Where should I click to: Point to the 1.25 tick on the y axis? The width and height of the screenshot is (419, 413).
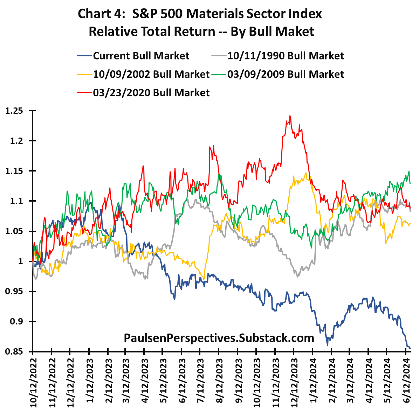[x=14, y=111]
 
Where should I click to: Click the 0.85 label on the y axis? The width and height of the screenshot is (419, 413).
[x=14, y=352]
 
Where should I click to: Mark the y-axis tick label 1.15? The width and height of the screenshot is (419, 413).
[x=14, y=171]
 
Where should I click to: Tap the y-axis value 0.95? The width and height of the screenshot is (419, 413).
[x=14, y=292]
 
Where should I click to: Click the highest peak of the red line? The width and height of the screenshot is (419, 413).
[x=290, y=116]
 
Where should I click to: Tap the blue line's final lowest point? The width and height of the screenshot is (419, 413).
[x=410, y=348]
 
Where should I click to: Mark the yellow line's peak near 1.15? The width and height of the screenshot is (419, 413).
[x=306, y=173]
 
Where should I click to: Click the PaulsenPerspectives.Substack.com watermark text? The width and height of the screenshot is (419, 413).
[x=219, y=338]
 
